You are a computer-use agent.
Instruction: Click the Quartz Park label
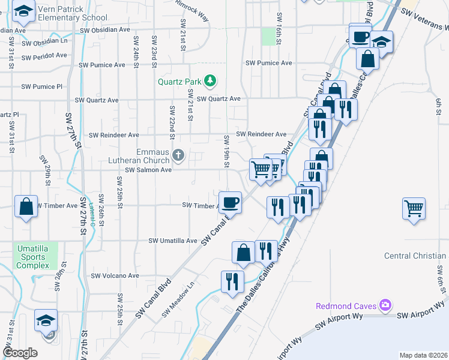(179, 81)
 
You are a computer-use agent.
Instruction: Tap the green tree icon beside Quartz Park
(209, 80)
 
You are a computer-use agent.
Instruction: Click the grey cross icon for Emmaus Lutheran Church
(178, 156)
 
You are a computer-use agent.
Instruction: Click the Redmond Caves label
(346, 306)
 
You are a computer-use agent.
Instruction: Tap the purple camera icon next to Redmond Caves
(384, 305)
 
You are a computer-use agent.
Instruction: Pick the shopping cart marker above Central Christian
(414, 208)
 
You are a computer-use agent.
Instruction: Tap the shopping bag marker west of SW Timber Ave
(26, 206)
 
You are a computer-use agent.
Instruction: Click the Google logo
(20, 352)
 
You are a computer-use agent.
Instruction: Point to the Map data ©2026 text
(423, 355)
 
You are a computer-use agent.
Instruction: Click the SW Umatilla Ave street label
(173, 241)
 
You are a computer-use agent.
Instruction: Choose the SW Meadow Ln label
(184, 298)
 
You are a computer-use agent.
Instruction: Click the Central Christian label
(415, 256)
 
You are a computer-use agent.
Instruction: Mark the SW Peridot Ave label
(44, 55)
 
